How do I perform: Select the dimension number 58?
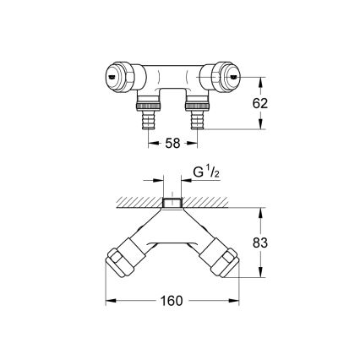172,145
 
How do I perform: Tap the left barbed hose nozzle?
147,122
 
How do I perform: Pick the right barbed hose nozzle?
199,122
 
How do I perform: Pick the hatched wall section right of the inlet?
215,203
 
